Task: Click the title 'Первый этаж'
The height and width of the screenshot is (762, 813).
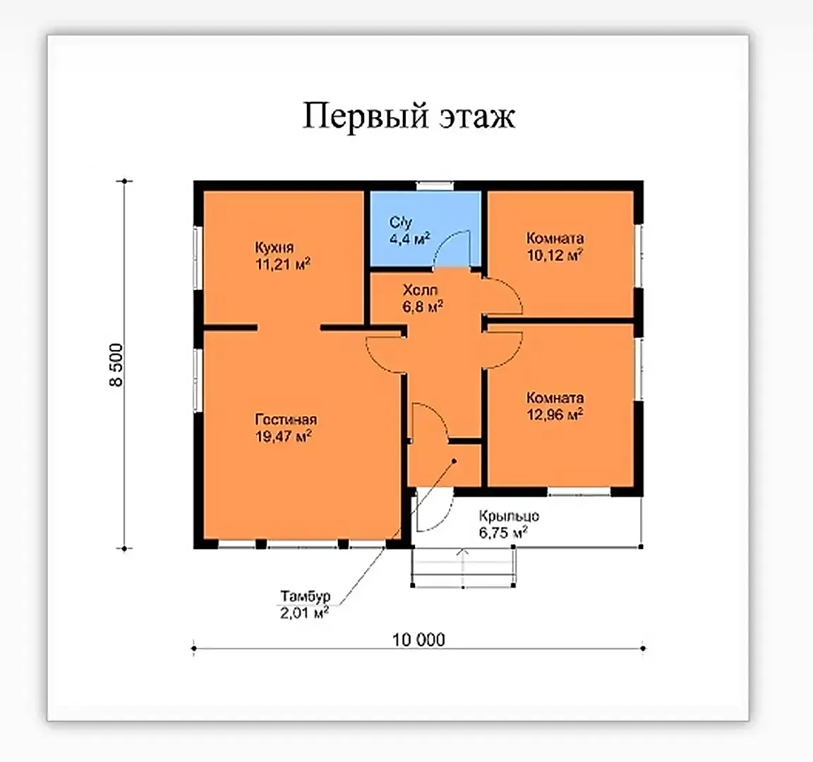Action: coord(409,116)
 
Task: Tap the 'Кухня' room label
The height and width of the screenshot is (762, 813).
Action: coord(275,247)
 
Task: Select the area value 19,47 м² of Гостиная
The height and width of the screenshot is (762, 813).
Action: coord(283,436)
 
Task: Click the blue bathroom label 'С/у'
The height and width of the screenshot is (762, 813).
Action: coord(400,223)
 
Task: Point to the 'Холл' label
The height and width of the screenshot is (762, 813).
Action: coord(420,290)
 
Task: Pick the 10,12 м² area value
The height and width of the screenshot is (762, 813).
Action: coord(555,255)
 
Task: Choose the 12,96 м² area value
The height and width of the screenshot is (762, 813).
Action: coord(555,414)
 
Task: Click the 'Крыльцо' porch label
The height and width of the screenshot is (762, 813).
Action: coord(509,516)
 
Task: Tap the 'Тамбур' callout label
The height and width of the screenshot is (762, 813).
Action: coord(306,596)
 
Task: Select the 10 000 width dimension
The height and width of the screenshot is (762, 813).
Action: coord(418,640)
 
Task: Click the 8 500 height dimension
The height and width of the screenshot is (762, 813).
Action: coord(116,365)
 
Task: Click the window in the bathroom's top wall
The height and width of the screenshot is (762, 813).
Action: coord(435,186)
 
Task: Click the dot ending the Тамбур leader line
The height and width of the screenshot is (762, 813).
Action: coord(454,460)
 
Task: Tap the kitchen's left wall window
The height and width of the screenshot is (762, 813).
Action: coord(196,257)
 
